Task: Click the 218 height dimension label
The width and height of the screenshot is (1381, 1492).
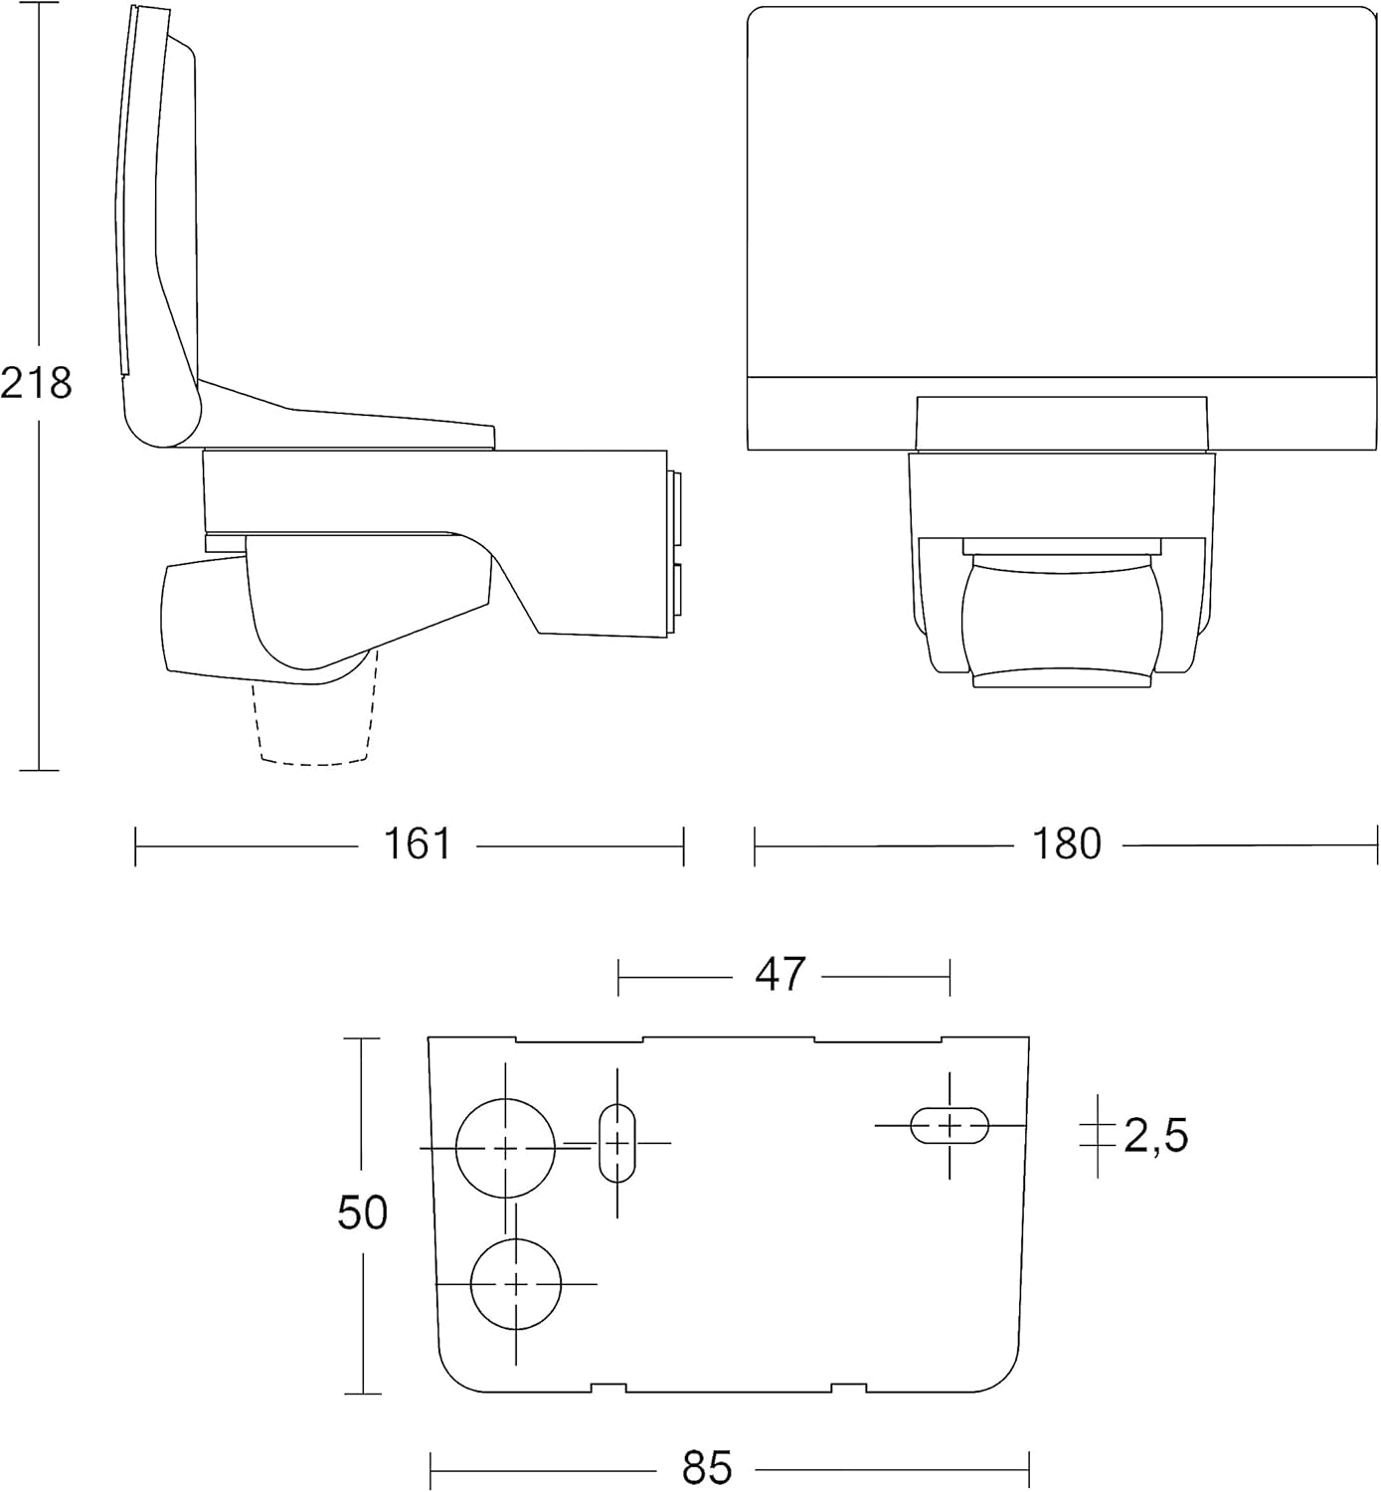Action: (x=36, y=383)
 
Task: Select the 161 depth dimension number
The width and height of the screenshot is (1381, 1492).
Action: (x=418, y=844)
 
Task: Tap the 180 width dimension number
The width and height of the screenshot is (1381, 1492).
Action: (x=1067, y=844)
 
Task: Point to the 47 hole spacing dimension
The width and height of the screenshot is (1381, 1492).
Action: (x=779, y=975)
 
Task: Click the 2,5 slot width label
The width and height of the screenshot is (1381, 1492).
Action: (x=1155, y=1136)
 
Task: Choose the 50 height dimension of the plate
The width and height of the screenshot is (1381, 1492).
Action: (x=362, y=1212)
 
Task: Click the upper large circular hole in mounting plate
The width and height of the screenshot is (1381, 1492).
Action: (x=505, y=1148)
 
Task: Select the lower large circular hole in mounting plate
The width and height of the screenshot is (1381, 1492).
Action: (x=515, y=1284)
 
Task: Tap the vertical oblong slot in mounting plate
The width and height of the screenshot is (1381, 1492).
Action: (x=617, y=1143)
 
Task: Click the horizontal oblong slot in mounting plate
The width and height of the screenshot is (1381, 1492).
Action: (x=949, y=1125)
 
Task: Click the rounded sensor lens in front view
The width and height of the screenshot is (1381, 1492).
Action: (x=1062, y=622)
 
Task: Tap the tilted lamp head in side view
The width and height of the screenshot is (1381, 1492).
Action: (x=159, y=229)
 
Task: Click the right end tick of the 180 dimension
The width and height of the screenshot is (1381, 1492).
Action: (x=1377, y=845)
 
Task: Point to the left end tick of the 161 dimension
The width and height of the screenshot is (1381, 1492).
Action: (x=135, y=846)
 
